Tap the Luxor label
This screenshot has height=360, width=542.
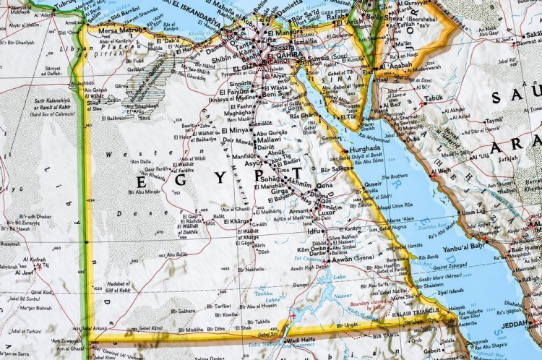(327, 213)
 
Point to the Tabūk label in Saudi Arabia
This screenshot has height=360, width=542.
(434, 98)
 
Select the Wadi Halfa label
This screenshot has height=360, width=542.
(302, 340)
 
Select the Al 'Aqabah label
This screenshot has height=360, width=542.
(395, 67)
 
